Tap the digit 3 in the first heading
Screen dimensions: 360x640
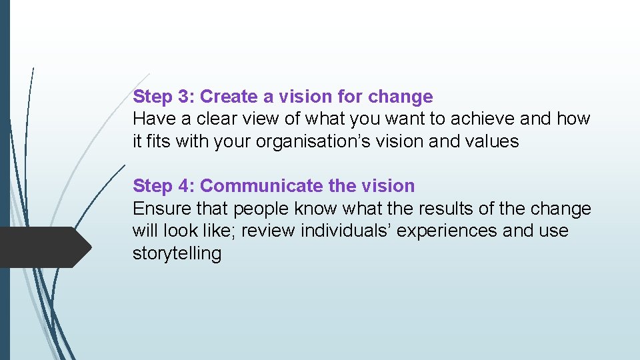click(x=184, y=97)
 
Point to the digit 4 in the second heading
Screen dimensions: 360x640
click(x=184, y=186)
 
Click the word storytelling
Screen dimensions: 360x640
click(x=177, y=253)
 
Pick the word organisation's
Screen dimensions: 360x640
click(x=308, y=142)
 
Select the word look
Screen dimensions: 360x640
click(x=183, y=231)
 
